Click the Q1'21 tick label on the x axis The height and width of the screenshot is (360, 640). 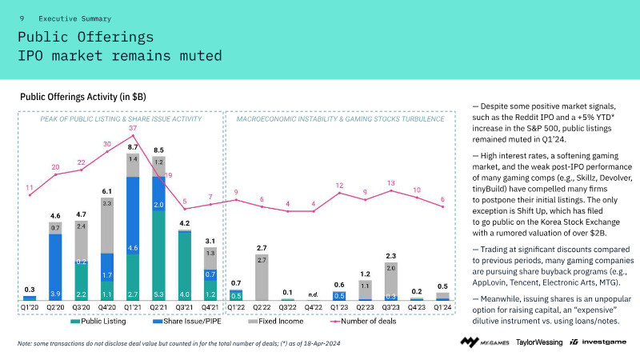point(133,306)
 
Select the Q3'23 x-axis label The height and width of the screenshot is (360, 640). point(391,306)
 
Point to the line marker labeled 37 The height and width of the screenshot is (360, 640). point(133,136)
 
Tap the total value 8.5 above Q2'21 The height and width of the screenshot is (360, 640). point(158,150)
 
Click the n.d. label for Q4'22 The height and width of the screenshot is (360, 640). point(314,294)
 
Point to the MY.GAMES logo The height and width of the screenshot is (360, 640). point(482,342)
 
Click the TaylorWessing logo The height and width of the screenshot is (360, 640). point(538,342)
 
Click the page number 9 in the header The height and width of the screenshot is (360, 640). point(22,18)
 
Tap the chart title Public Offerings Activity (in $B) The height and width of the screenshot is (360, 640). point(83,97)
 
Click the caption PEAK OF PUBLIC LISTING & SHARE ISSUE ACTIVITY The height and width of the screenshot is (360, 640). point(120,118)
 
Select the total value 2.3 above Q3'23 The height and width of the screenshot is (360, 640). point(391,255)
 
